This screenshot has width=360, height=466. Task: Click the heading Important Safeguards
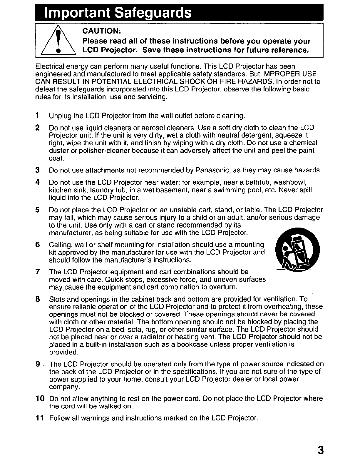pyautogui.click(x=118, y=13)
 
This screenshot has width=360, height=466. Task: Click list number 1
pyautogui.click(x=37, y=116)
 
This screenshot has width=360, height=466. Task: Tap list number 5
pyautogui.click(x=37, y=210)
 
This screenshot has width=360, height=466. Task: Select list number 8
pyautogui.click(x=37, y=299)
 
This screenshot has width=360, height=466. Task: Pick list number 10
pyautogui.click(x=40, y=399)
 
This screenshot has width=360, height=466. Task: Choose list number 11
pyautogui.click(x=40, y=418)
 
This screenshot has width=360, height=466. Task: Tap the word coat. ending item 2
pyautogui.click(x=56, y=158)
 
